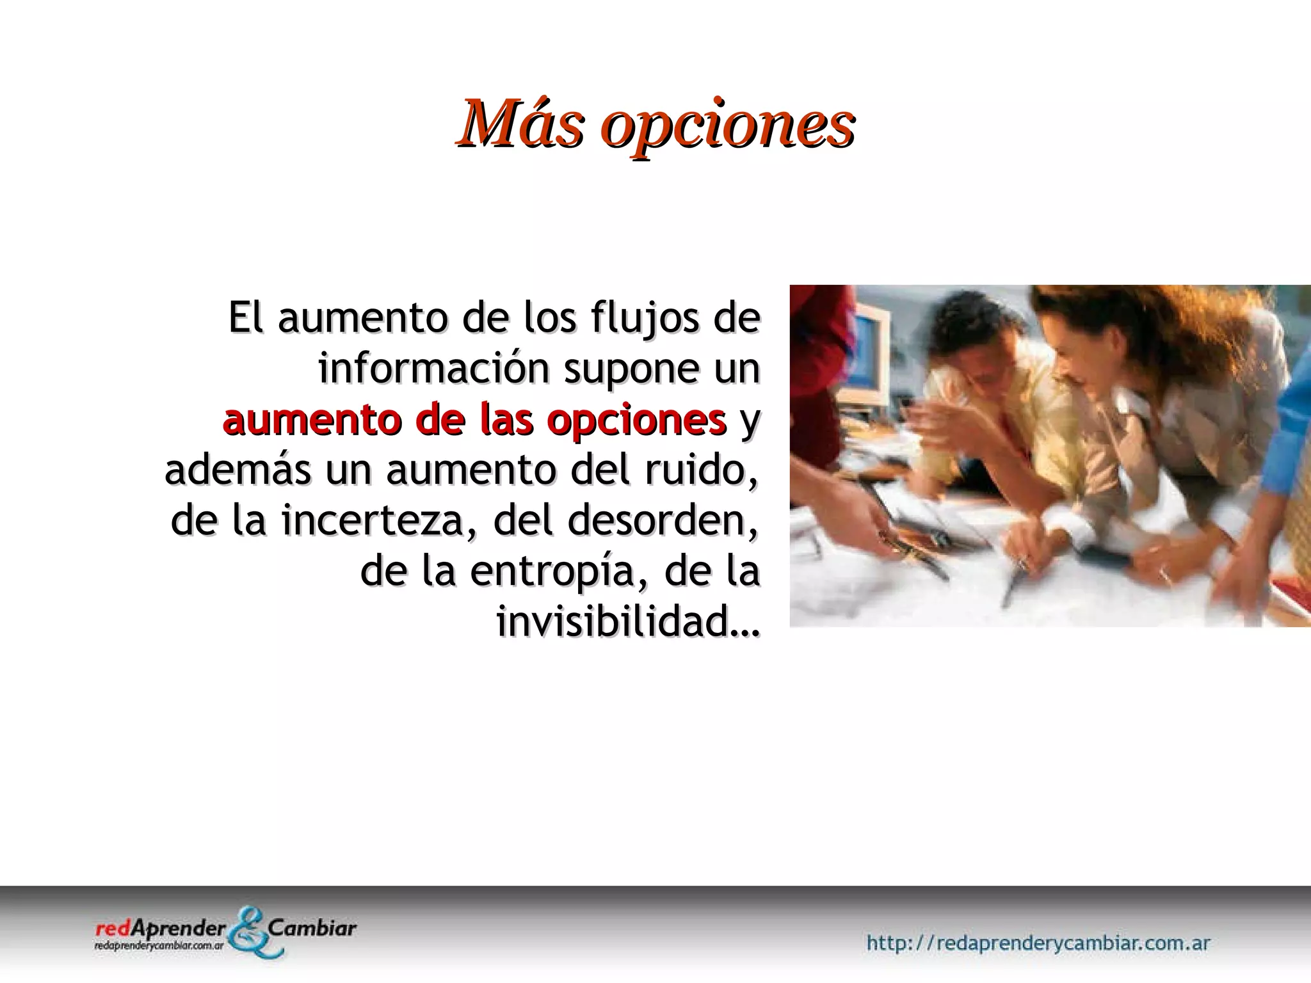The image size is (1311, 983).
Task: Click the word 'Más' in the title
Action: tap(520, 123)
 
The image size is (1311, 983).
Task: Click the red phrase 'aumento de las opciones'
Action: tap(474, 420)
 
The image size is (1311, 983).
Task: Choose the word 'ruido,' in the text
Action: tap(701, 470)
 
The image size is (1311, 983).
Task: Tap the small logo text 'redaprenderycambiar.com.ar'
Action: tap(159, 946)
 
